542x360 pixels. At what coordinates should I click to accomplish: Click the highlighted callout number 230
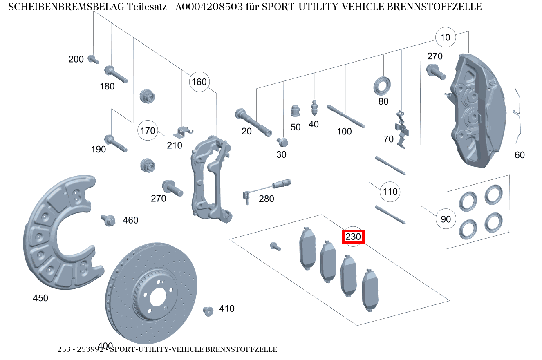tap(353, 237)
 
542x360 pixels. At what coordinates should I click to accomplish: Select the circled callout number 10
tap(445, 38)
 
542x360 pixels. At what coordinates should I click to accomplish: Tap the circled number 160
tap(199, 82)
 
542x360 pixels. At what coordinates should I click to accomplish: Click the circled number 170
tap(148, 131)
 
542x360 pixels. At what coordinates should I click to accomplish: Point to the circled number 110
tap(390, 191)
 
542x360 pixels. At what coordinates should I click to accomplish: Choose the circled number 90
tap(446, 219)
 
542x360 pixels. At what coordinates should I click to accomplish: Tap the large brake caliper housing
tap(476, 110)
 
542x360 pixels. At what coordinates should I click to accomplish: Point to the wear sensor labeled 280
tap(270, 187)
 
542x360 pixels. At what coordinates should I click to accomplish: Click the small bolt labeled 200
tap(93, 59)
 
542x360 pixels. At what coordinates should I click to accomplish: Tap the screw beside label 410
tap(208, 311)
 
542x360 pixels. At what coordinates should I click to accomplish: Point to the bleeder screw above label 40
tap(314, 107)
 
